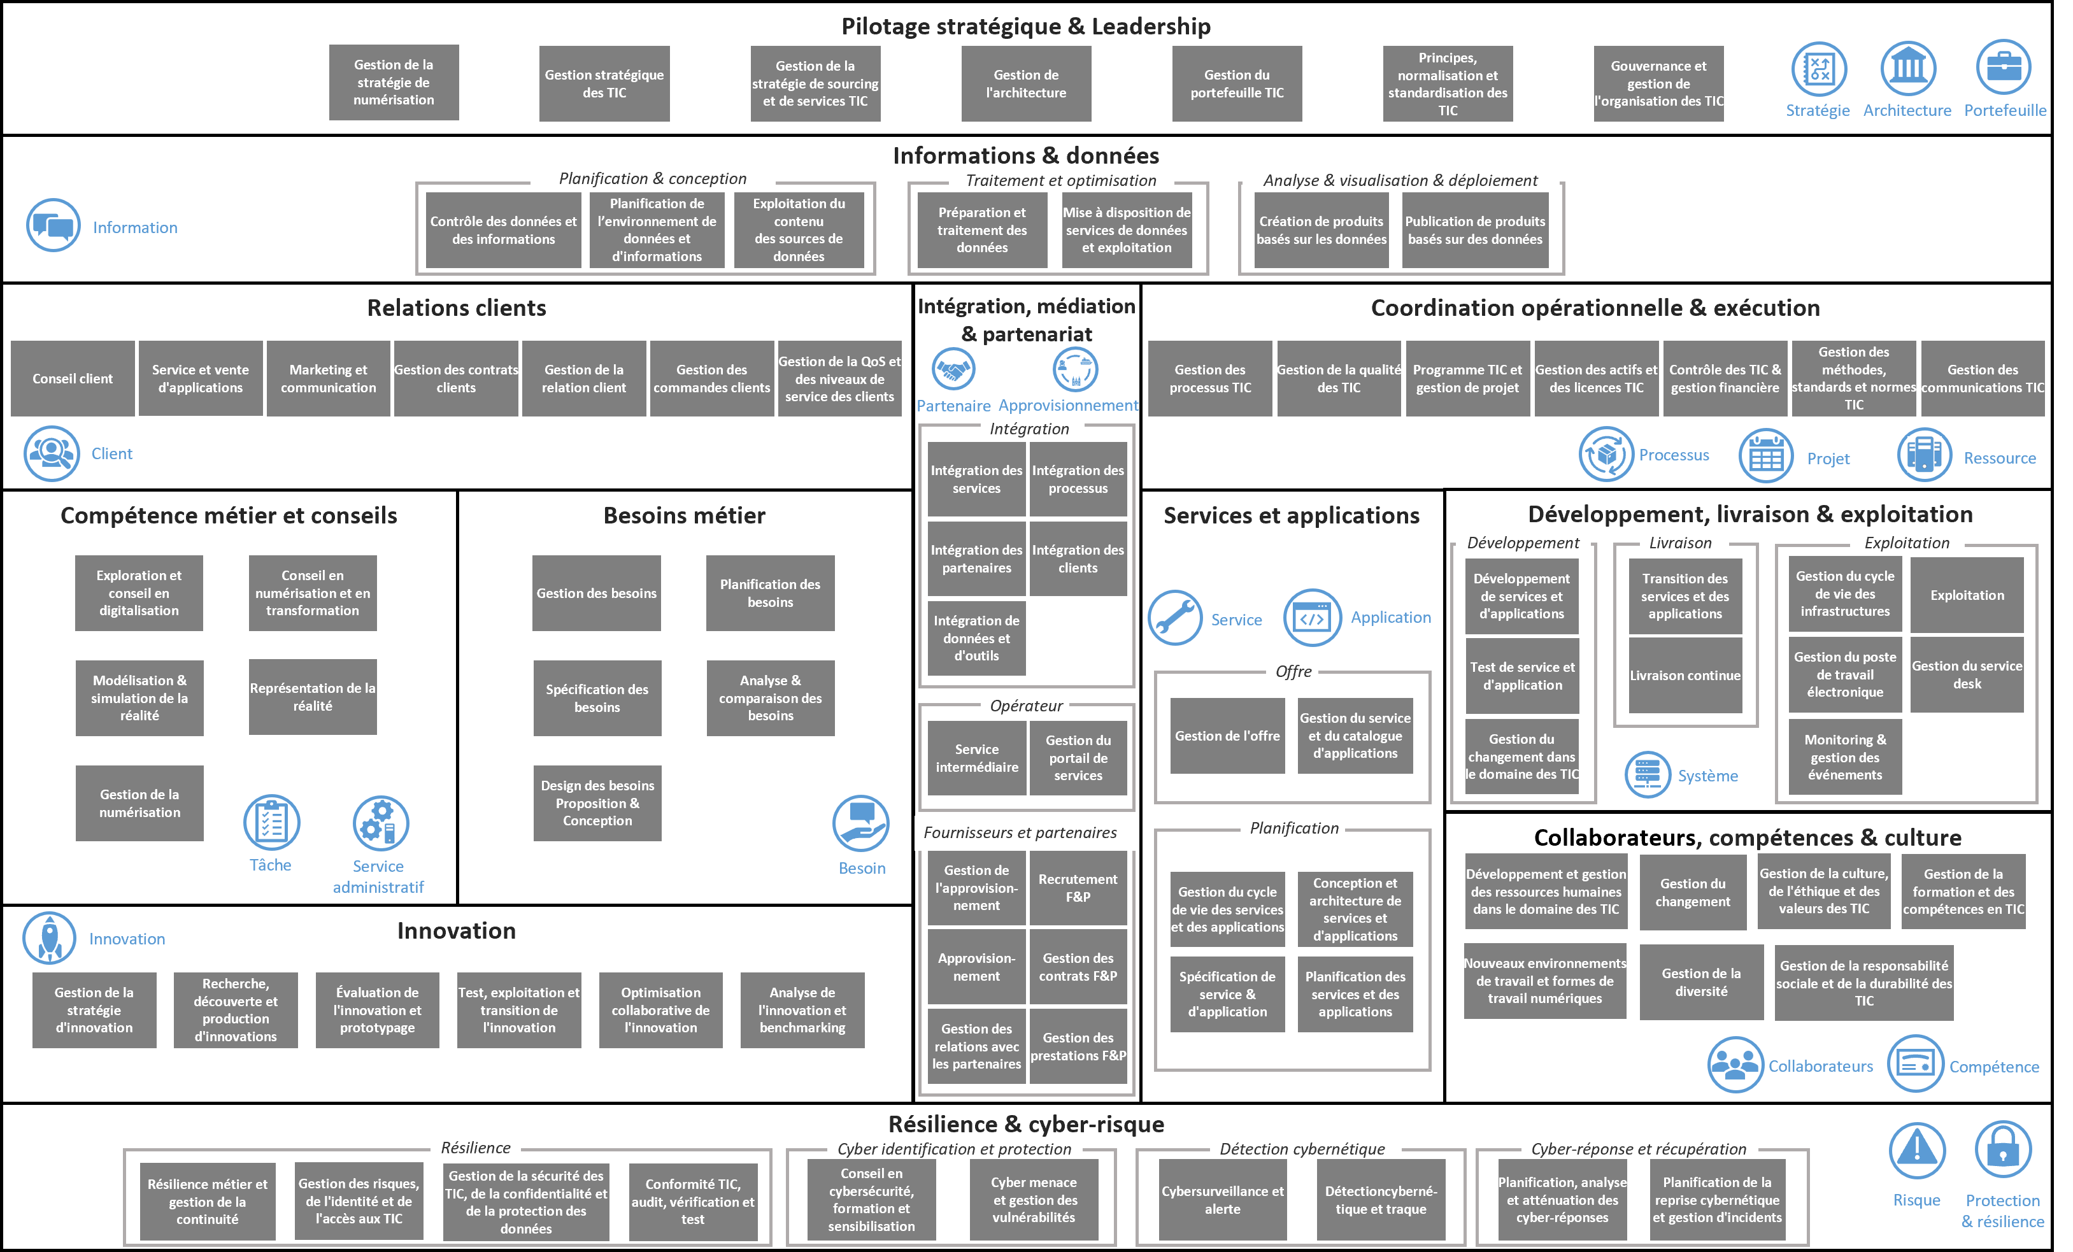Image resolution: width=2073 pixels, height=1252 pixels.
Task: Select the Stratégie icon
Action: (x=1818, y=69)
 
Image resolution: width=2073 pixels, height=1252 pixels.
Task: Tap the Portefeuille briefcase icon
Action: (x=2004, y=68)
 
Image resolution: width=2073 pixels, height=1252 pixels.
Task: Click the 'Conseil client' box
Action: (x=73, y=379)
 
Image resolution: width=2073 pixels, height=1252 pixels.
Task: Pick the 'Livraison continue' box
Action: (x=1685, y=676)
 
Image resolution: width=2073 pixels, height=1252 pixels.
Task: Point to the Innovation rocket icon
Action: (x=50, y=938)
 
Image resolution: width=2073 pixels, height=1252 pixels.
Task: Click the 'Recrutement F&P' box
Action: (x=1078, y=888)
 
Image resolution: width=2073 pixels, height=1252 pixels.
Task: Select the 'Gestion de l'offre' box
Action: (x=1227, y=736)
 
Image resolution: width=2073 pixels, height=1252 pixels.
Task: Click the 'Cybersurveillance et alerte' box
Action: (x=1222, y=1200)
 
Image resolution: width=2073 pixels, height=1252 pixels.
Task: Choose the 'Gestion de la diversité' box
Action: (x=1701, y=982)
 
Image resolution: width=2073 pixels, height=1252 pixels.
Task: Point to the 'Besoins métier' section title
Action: (x=684, y=515)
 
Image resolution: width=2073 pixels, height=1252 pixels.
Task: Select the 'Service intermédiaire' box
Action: (x=977, y=758)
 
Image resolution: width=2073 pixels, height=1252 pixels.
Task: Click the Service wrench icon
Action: (x=1175, y=618)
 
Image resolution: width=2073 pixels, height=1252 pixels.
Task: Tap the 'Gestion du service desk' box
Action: (x=1967, y=675)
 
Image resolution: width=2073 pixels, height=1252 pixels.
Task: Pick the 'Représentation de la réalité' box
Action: (x=313, y=697)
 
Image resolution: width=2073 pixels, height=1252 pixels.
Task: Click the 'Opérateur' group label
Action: (x=1027, y=706)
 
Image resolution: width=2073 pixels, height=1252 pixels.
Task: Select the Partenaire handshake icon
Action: (x=953, y=369)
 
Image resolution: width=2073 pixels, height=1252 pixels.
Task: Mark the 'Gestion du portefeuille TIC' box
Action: (x=1237, y=83)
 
